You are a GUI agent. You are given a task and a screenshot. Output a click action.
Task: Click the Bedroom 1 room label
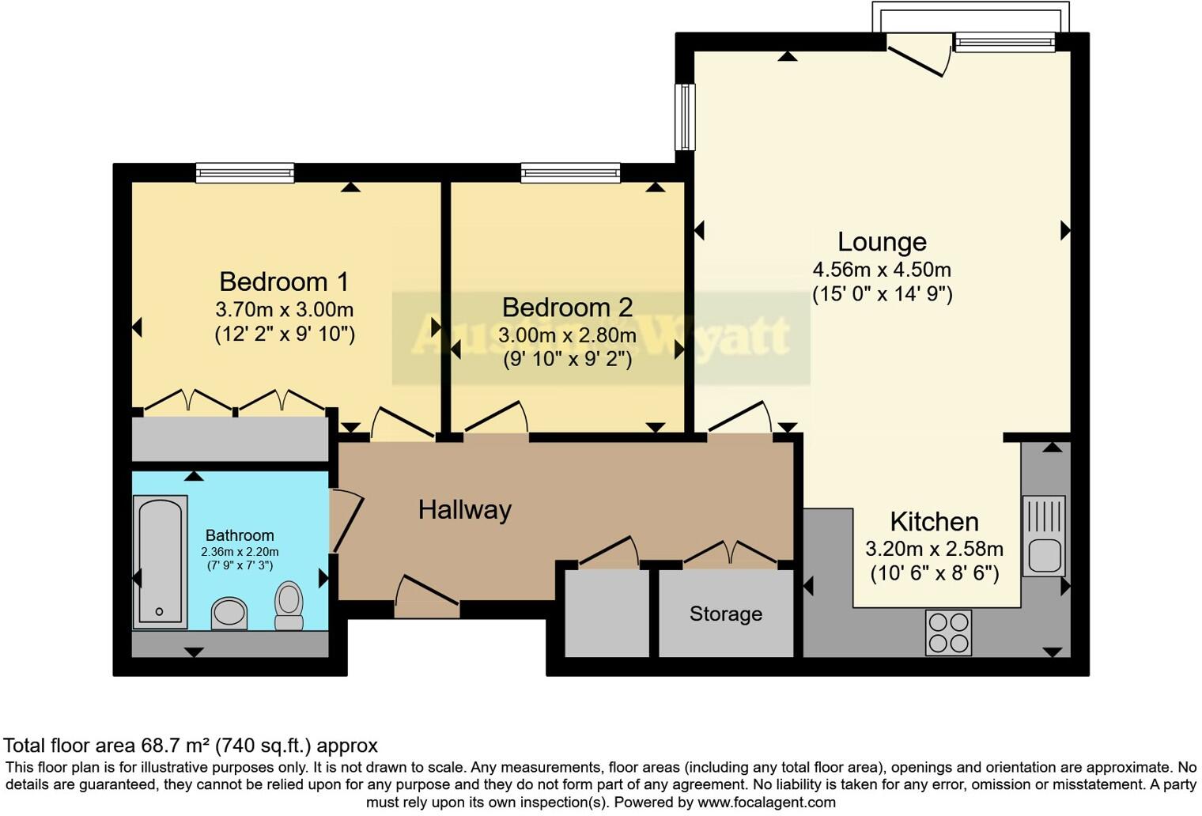[x=284, y=281]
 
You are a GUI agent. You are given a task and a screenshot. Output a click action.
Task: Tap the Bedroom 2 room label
[x=567, y=307]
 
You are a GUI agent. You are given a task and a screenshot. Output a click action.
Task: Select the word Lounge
[x=882, y=241]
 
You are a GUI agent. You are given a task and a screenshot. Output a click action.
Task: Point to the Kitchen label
[x=934, y=522]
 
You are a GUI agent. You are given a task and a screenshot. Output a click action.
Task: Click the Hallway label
[x=464, y=510]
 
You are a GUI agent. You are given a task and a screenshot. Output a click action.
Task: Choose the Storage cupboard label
[x=725, y=614]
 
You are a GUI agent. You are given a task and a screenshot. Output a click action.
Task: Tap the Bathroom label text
[x=240, y=535]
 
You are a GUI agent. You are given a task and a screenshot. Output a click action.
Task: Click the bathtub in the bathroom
[x=161, y=561]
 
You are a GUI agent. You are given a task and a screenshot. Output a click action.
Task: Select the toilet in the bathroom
[x=289, y=606]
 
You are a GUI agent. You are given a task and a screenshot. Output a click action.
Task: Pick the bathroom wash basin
[x=229, y=613]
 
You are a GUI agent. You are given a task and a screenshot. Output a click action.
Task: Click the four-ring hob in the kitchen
[x=948, y=633]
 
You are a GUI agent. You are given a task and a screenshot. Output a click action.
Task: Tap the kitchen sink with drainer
[x=1044, y=535]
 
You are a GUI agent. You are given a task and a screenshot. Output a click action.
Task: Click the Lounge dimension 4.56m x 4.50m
[x=882, y=270]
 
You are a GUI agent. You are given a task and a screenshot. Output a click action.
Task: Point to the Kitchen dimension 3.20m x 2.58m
[x=934, y=549]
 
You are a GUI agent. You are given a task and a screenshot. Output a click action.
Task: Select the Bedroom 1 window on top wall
[x=245, y=172]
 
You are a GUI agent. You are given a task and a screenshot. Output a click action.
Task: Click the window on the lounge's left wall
[x=685, y=117]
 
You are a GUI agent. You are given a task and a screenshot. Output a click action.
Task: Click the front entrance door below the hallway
[x=426, y=598]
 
